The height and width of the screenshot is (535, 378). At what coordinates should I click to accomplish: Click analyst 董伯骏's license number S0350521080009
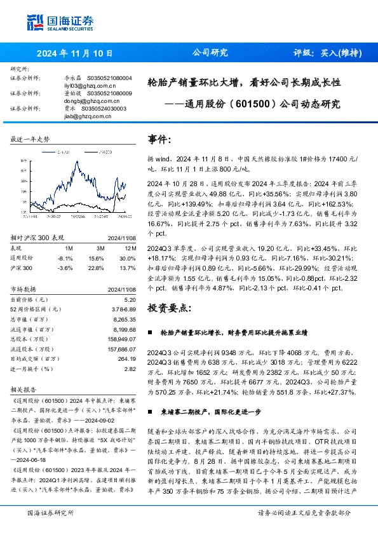[x=106, y=93]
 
